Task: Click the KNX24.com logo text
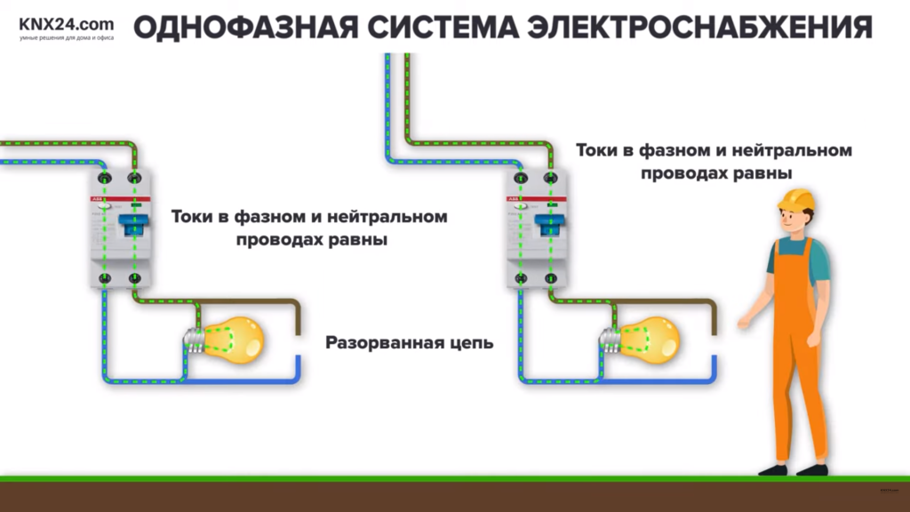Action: [x=67, y=24]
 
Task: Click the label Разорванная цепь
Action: [x=409, y=342]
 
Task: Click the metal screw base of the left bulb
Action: [x=193, y=340]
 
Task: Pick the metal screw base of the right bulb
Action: [x=610, y=340]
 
